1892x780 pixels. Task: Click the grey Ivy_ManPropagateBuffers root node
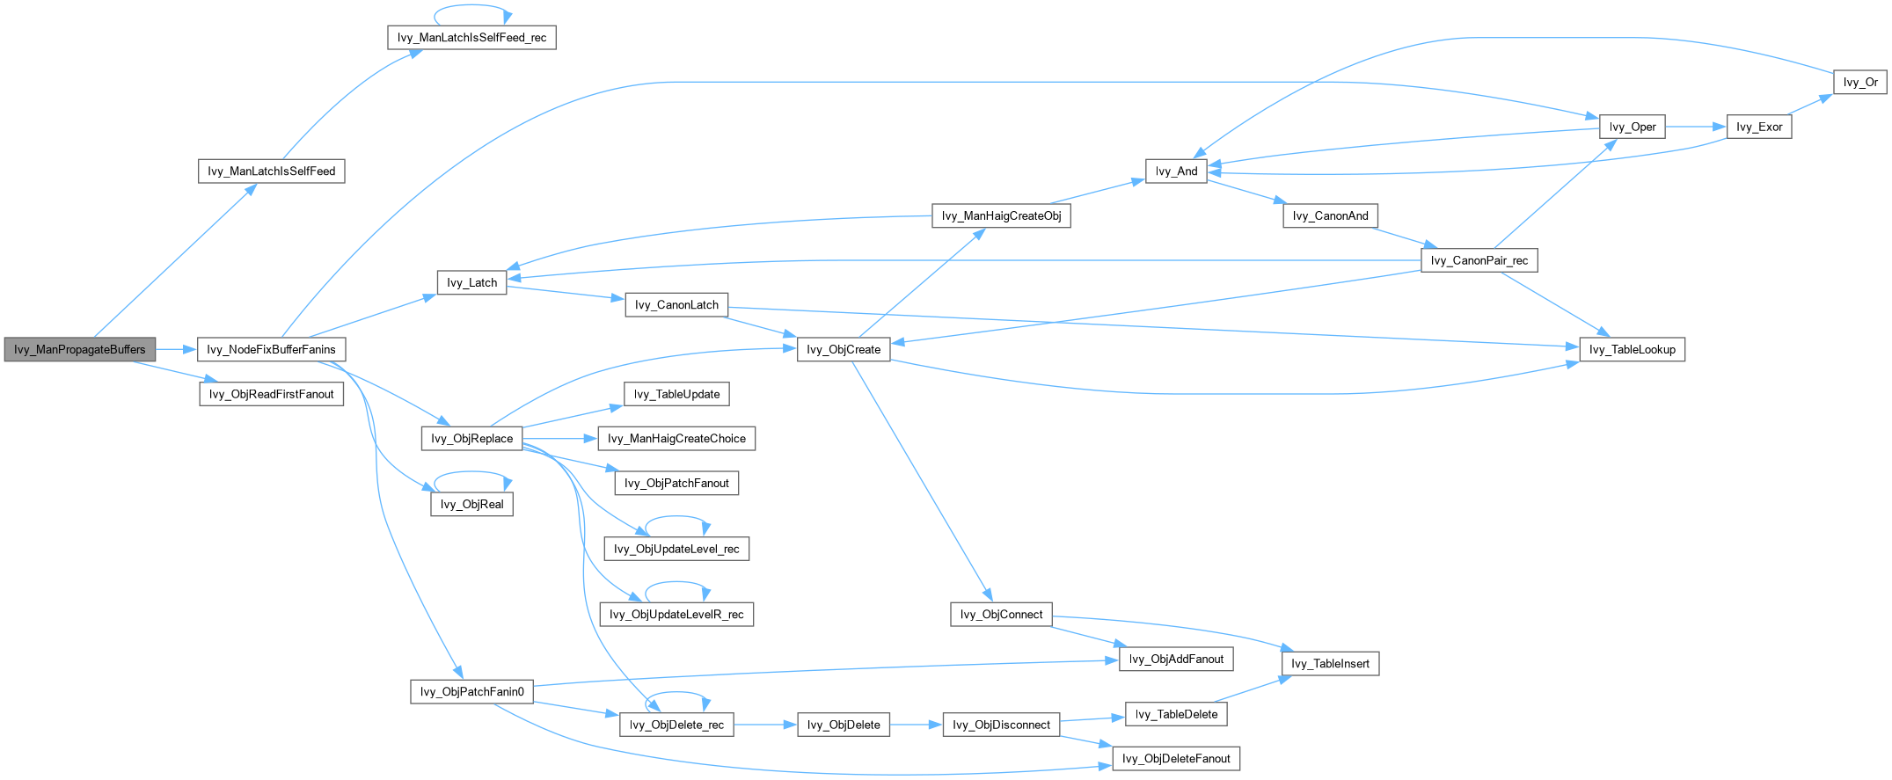click(79, 349)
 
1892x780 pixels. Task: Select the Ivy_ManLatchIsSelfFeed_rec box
click(471, 38)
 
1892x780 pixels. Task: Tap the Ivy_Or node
click(1860, 82)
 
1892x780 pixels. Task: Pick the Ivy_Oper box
click(1632, 127)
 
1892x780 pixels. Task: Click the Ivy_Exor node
click(1759, 127)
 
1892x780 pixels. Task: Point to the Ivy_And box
click(1176, 171)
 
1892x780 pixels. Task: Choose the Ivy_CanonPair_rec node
click(1479, 260)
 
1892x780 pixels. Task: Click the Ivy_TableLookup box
click(1632, 349)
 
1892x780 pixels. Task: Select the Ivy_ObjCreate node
click(844, 349)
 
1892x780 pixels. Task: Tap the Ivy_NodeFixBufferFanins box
click(271, 349)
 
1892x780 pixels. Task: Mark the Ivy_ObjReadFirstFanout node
click(271, 394)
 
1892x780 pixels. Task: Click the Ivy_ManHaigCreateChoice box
click(676, 438)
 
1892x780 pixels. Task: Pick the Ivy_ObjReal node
click(471, 504)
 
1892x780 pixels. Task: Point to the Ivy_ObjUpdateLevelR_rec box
click(676, 614)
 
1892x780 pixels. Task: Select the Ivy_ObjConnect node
click(1001, 614)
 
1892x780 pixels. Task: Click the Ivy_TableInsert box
click(1330, 663)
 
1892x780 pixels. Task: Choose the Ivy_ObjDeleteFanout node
click(1176, 758)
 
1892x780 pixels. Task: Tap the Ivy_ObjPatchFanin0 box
click(471, 691)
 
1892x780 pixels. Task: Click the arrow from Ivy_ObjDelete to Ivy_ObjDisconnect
click(916, 725)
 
